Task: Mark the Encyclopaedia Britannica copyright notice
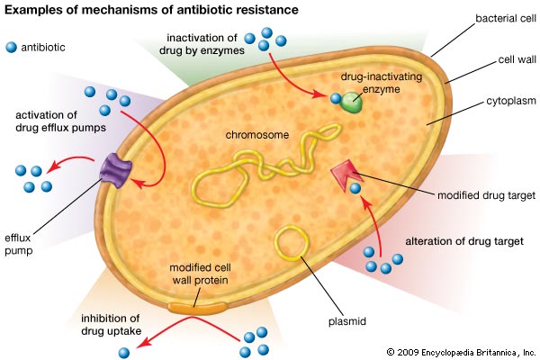coord(460,351)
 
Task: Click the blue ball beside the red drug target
coord(355,189)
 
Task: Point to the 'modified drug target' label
coord(485,194)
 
